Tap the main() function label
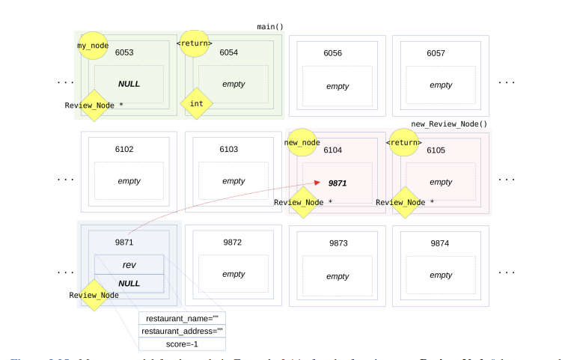click(x=269, y=27)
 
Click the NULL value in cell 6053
click(x=129, y=84)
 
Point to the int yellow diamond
click(x=197, y=104)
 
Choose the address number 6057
click(x=436, y=53)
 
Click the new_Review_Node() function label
click(x=449, y=123)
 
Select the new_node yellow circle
click(x=302, y=141)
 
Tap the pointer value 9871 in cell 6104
click(x=338, y=183)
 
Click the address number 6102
click(x=124, y=150)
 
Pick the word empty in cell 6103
click(x=233, y=181)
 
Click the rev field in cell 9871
click(x=129, y=265)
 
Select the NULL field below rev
click(x=129, y=284)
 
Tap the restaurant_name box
click(x=182, y=317)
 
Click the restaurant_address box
click(x=182, y=331)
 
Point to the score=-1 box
click(x=182, y=344)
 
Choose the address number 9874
click(x=440, y=243)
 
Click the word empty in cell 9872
click(x=233, y=274)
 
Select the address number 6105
click(x=436, y=150)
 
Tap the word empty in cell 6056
click(x=338, y=86)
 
